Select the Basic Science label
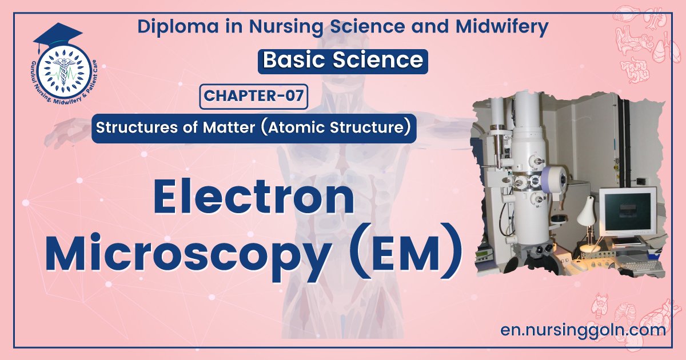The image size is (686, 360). click(342, 61)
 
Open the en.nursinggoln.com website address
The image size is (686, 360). click(582, 330)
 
